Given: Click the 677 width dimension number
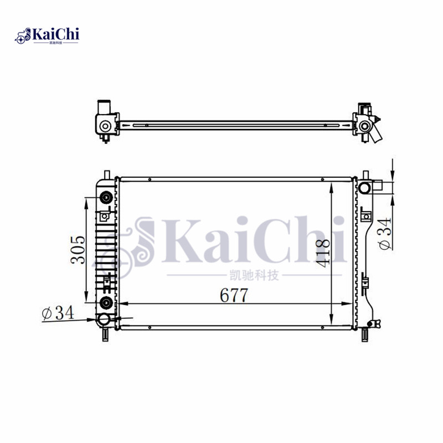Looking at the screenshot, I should (x=233, y=296).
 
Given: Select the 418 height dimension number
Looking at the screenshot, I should (x=324, y=250).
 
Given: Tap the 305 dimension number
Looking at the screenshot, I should (x=79, y=250).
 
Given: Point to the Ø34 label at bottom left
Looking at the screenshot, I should (x=58, y=313).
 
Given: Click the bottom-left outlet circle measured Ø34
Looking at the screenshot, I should (x=104, y=320).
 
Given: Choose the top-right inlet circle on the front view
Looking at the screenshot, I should (x=364, y=188).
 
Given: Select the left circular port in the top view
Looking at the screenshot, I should (x=105, y=126).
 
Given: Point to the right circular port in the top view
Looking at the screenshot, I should (x=364, y=126).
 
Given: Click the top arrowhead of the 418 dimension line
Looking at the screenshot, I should (x=331, y=185).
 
